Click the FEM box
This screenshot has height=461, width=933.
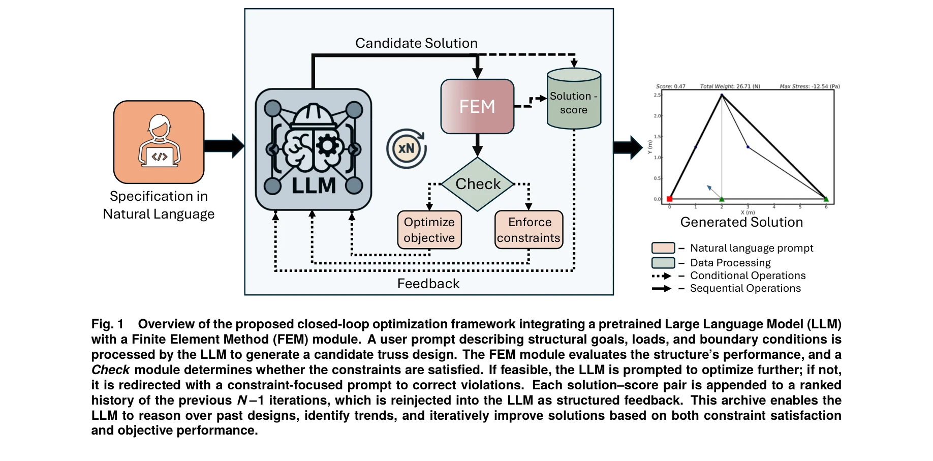click(x=477, y=107)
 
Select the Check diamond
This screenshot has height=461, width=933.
click(x=478, y=184)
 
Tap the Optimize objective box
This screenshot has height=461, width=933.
click(x=429, y=230)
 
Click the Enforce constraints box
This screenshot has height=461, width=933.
click(x=528, y=230)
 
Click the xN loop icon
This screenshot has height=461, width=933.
click(x=406, y=148)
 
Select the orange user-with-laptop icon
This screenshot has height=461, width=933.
click(x=159, y=142)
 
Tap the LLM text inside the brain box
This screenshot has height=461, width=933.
click(x=314, y=186)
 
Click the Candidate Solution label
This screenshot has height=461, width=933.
click(x=416, y=43)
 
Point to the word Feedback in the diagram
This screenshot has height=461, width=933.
click(x=428, y=284)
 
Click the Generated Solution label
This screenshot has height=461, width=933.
click(x=741, y=222)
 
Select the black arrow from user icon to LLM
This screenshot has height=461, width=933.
click(x=224, y=146)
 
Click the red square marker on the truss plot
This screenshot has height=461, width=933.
click(x=669, y=199)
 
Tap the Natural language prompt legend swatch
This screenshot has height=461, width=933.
click(x=663, y=248)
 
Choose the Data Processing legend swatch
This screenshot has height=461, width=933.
click(x=663, y=263)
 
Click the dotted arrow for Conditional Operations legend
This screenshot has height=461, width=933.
click(x=662, y=276)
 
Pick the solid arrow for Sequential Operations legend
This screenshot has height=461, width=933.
click(x=662, y=289)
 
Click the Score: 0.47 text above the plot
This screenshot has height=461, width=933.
click(x=670, y=86)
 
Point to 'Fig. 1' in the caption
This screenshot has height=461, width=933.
click(x=107, y=324)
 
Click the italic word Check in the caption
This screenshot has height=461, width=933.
click(x=110, y=370)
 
